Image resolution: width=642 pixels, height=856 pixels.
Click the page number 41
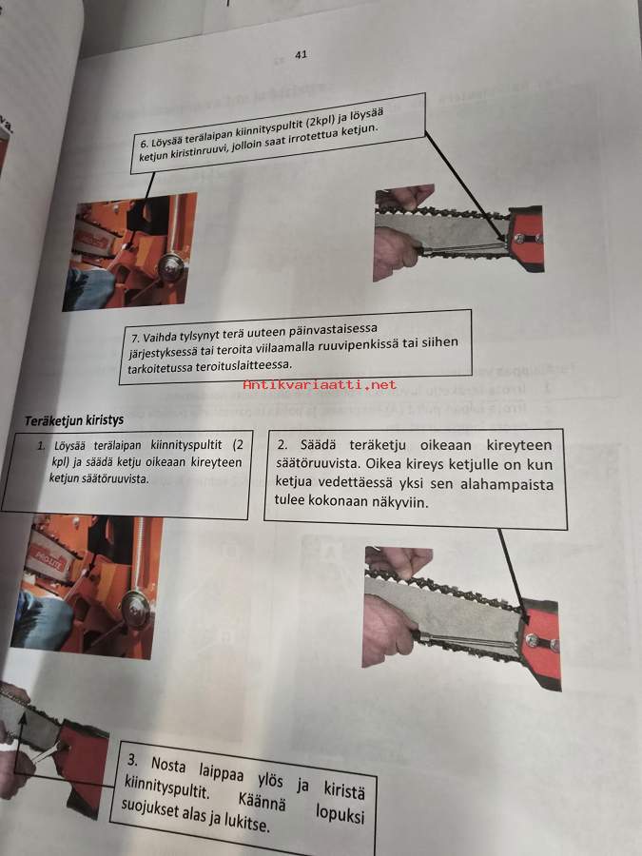(x=301, y=54)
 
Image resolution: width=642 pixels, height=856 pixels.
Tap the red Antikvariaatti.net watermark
(x=320, y=384)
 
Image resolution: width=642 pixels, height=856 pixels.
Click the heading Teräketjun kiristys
(x=73, y=420)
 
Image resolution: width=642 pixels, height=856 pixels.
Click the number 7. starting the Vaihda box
(x=135, y=338)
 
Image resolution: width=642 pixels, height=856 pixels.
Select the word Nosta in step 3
(x=168, y=765)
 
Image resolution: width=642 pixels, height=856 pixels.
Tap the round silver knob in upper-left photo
(x=171, y=267)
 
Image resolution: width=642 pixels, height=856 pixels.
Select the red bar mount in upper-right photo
(x=525, y=238)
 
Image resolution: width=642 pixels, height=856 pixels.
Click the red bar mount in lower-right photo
(x=540, y=644)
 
